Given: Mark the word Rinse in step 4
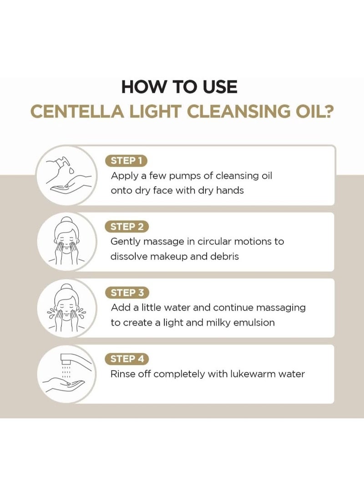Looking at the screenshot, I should (x=124, y=374).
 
